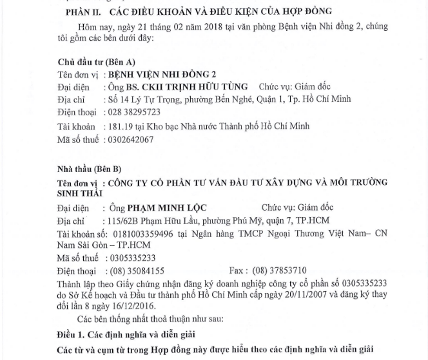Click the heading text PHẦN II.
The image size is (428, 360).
85,12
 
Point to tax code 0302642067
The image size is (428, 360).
132,139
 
